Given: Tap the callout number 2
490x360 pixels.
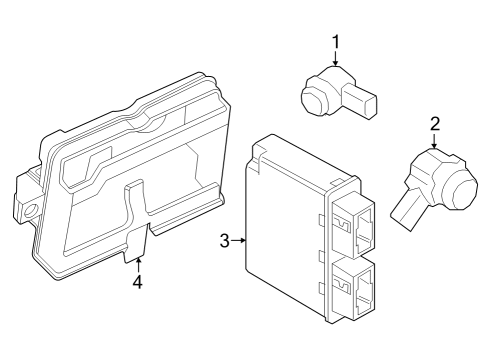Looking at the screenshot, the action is tap(435, 124).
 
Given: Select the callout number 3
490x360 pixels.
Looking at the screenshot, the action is tap(225, 240).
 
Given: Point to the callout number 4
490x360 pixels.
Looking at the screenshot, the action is tap(137, 282).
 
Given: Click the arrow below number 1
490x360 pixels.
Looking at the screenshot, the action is tap(336, 61).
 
